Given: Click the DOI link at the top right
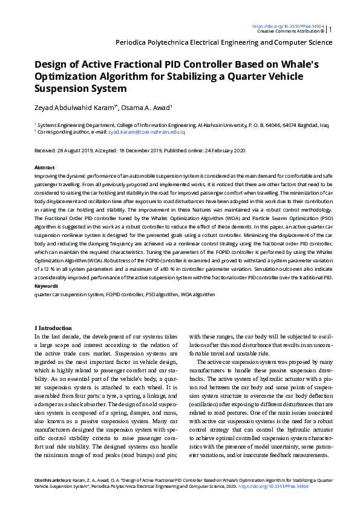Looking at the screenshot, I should [287, 27].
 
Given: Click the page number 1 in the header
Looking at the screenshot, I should [330, 29].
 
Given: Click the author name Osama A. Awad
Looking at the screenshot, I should [154, 108].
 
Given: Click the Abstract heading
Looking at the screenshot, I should [45, 167].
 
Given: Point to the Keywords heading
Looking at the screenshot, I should [46, 285].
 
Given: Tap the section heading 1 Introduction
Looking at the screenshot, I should [53, 328].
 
